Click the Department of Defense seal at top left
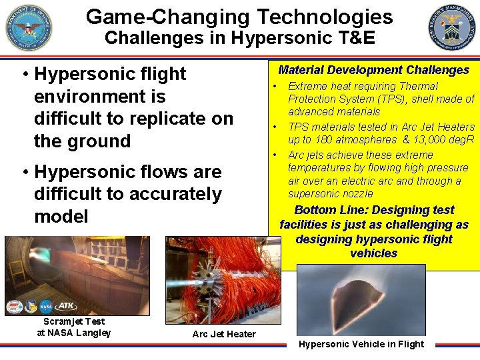click(x=29, y=27)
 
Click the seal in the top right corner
click(x=453, y=27)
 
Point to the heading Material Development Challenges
click(x=373, y=70)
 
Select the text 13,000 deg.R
click(x=443, y=140)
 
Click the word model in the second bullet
click(x=61, y=217)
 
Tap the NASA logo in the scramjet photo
click(x=46, y=307)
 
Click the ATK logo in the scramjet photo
click(x=65, y=307)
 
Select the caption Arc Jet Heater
click(x=223, y=334)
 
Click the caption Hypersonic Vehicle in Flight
click(x=361, y=344)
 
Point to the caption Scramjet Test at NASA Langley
click(x=73, y=327)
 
